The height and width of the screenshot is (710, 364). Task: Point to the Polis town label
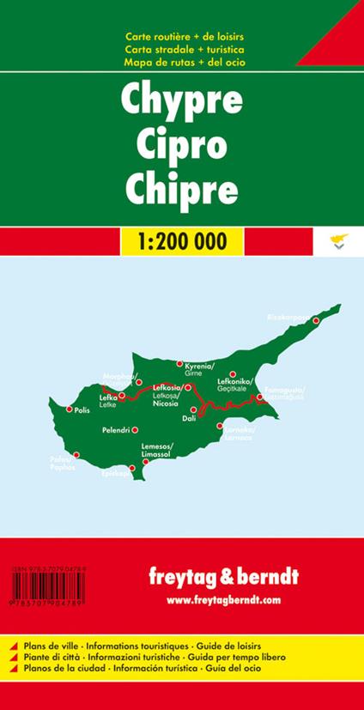[83, 410]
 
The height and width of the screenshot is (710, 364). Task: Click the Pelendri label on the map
[115, 428]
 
